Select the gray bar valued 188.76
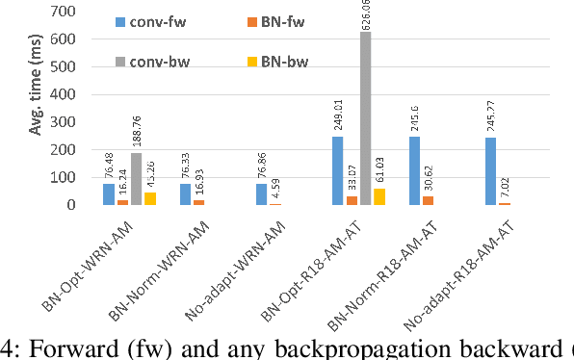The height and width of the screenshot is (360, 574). pos(136,179)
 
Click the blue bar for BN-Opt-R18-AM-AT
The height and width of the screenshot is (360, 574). pos(338,170)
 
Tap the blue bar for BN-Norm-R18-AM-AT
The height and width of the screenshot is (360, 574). pos(414,171)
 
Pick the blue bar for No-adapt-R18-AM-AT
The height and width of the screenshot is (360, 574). pos(491,171)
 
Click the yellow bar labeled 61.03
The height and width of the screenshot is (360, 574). pos(378,196)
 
